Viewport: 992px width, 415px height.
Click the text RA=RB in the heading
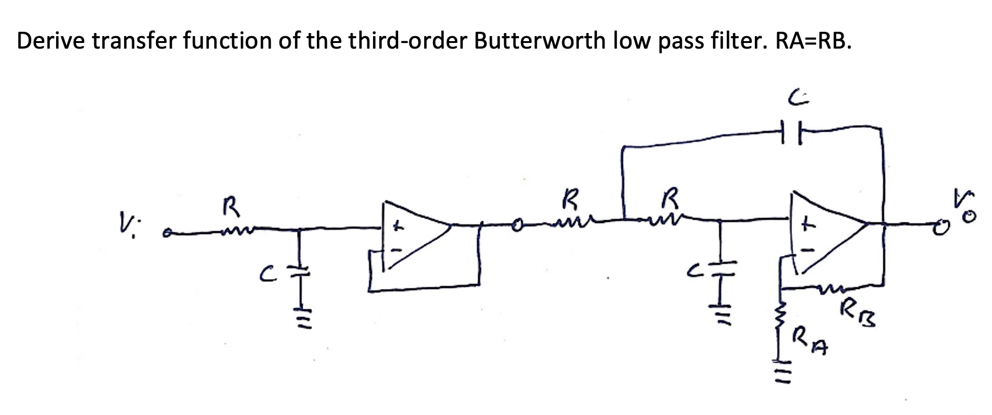[x=812, y=41]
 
